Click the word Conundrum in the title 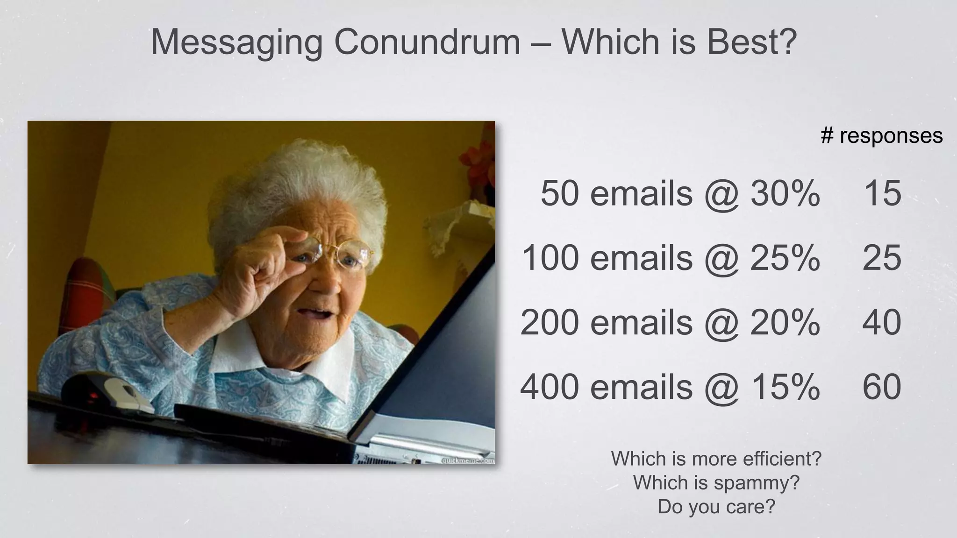[x=427, y=42]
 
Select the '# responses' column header [x=881, y=135]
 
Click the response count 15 [x=882, y=193]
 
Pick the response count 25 [x=882, y=258]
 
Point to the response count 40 [x=882, y=322]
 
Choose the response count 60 [x=882, y=387]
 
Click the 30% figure [x=785, y=193]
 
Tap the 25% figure [x=785, y=258]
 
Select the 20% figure [x=785, y=322]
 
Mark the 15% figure [x=785, y=387]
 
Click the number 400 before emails [x=550, y=387]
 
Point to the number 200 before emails [x=550, y=322]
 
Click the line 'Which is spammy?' [x=716, y=482]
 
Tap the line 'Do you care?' [x=716, y=506]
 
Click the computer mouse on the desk [x=107, y=392]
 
